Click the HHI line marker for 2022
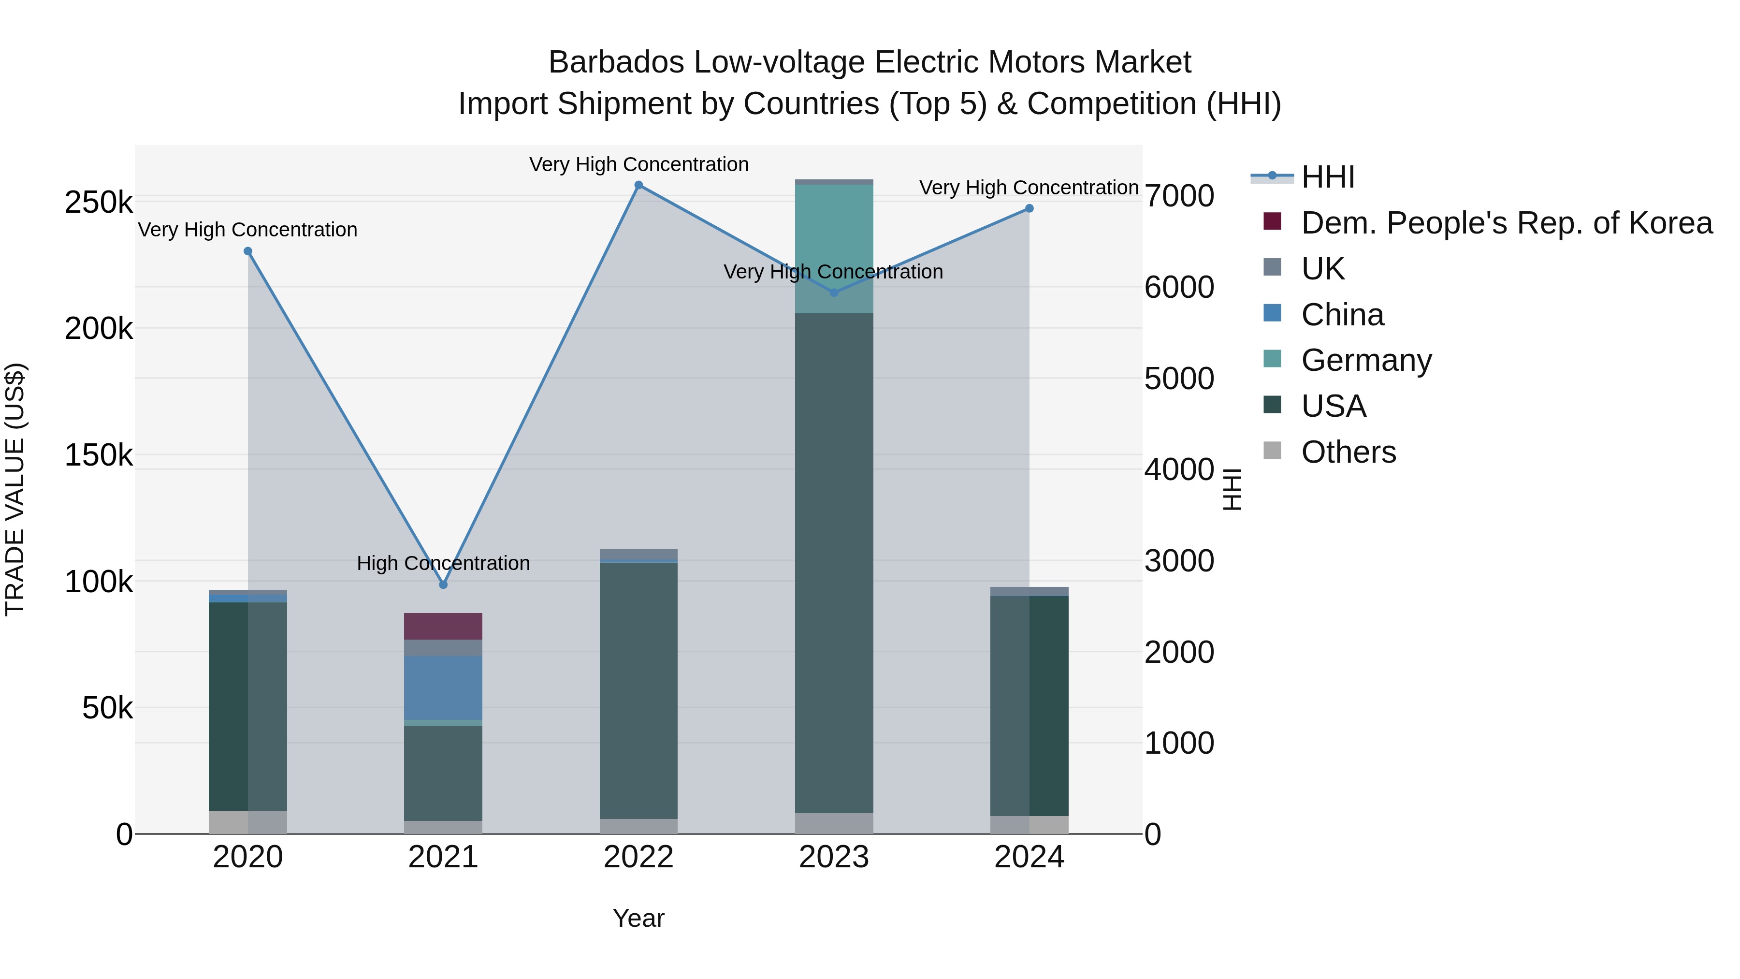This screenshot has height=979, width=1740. (x=638, y=185)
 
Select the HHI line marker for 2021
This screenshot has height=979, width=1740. (x=443, y=584)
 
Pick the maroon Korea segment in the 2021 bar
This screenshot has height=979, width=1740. (x=443, y=626)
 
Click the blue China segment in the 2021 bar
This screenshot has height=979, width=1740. (x=443, y=687)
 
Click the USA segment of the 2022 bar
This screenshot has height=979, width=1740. (x=638, y=689)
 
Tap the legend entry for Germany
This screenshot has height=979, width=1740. (x=1366, y=360)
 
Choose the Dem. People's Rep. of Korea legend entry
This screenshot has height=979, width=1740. (x=1506, y=223)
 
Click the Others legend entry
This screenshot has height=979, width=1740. (x=1348, y=452)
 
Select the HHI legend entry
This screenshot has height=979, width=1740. (x=1327, y=177)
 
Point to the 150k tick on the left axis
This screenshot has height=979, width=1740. (x=99, y=455)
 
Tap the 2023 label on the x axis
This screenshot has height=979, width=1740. (x=834, y=857)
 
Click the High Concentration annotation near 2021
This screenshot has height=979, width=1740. (x=443, y=563)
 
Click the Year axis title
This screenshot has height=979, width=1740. (x=638, y=918)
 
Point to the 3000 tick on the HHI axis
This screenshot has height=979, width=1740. (x=1179, y=561)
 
